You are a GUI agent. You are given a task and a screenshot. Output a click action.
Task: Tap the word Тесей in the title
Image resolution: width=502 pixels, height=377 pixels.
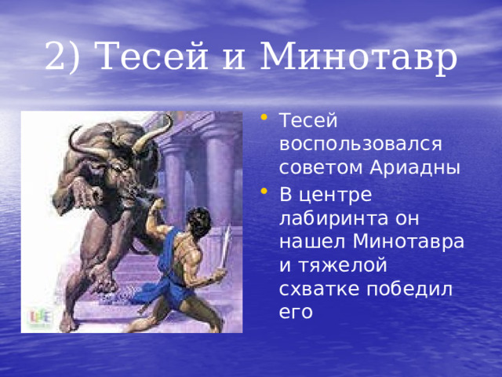coord(151,55)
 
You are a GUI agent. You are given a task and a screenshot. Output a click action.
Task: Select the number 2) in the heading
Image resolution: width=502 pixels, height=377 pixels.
coord(62,56)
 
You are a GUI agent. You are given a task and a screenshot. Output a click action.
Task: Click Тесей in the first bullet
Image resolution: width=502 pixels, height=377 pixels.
coord(308,120)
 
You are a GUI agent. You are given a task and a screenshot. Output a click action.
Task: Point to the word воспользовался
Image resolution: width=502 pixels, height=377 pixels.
coord(361,145)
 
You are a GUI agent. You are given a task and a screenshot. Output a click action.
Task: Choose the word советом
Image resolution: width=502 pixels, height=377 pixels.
coord(322,167)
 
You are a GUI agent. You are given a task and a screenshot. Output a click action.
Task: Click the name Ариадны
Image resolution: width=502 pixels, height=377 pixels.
coord(415,168)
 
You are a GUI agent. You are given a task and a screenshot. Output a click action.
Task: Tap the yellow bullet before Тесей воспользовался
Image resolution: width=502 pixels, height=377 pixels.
coord(264,117)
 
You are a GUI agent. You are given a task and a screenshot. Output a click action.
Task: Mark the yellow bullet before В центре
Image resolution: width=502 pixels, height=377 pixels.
coord(264,191)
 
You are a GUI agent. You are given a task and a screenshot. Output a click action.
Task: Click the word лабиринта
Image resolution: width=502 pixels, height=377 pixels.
coord(334,218)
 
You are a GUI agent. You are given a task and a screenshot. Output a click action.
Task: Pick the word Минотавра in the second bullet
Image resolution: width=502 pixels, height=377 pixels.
coord(408,242)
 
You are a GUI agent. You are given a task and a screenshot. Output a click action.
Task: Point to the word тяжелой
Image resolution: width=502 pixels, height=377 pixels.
coord(343,265)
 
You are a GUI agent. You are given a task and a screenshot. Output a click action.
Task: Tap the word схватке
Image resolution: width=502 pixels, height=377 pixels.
coord(319,290)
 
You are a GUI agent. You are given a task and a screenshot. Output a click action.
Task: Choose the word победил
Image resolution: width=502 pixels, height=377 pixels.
coord(409,289)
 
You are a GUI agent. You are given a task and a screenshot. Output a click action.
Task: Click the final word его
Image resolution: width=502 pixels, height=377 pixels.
coord(296,313)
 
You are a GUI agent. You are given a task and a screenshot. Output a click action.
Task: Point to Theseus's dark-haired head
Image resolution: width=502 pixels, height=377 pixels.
coord(198,221)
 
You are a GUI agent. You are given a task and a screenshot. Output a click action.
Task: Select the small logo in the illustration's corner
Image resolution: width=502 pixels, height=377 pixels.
coord(40,317)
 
